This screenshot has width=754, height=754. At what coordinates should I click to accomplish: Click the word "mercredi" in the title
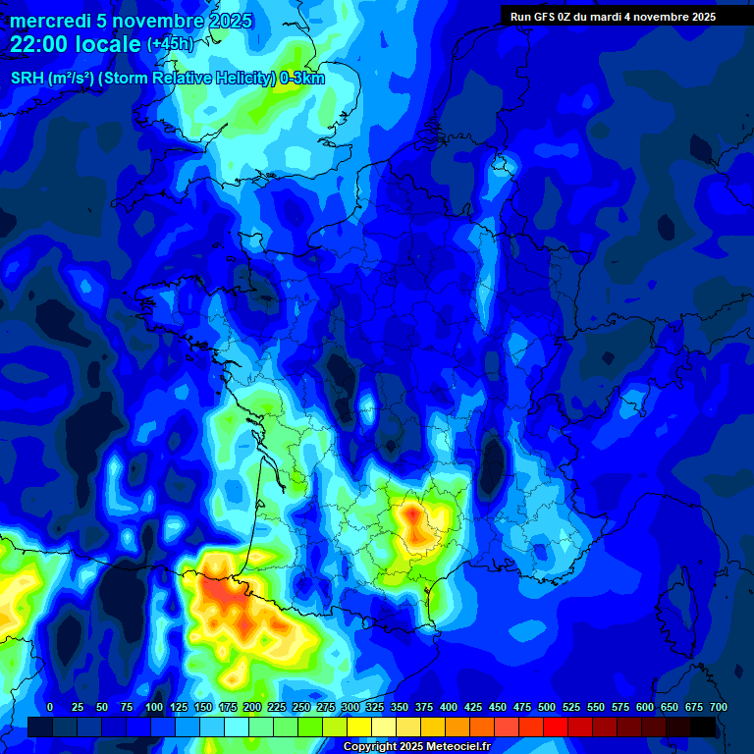click(x=49, y=21)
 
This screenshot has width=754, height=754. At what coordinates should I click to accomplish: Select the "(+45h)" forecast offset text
click(x=170, y=45)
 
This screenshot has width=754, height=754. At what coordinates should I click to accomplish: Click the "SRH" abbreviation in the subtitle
click(x=27, y=79)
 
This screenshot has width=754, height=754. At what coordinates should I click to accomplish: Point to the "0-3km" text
click(x=302, y=79)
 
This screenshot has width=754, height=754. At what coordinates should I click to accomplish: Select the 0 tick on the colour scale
click(x=50, y=707)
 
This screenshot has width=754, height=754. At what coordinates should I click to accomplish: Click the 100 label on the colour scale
click(x=154, y=707)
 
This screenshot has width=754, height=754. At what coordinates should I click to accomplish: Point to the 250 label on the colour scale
click(x=301, y=707)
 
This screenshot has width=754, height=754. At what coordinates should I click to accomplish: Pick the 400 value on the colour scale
click(x=449, y=707)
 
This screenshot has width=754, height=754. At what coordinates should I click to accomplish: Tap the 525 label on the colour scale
click(x=571, y=707)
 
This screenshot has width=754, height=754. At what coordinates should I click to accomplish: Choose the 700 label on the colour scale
click(x=719, y=707)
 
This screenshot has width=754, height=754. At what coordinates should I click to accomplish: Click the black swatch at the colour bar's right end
click(x=704, y=727)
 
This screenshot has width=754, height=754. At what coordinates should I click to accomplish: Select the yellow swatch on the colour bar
click(x=359, y=727)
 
